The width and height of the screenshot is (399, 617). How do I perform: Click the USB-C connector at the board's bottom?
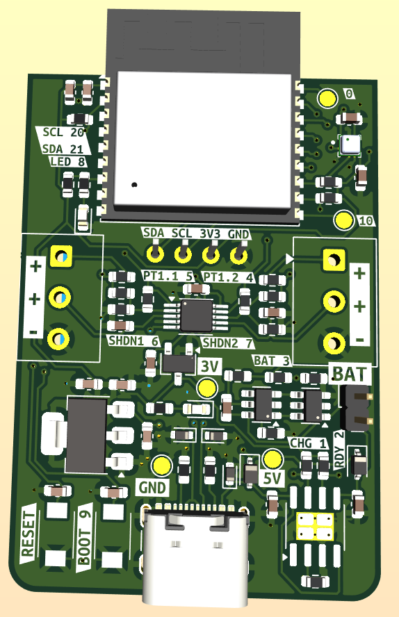coord(195,555)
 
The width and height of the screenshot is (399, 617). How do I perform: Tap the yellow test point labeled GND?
coord(162,466)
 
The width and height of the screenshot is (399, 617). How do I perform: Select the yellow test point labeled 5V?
coord(272,459)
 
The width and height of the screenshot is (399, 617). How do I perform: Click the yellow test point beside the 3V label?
coord(207,388)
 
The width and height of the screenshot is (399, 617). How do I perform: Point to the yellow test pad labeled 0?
coord(327,98)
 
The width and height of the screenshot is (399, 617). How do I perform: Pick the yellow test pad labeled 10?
coord(344,220)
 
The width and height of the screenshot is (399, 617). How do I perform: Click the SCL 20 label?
coord(61,133)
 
